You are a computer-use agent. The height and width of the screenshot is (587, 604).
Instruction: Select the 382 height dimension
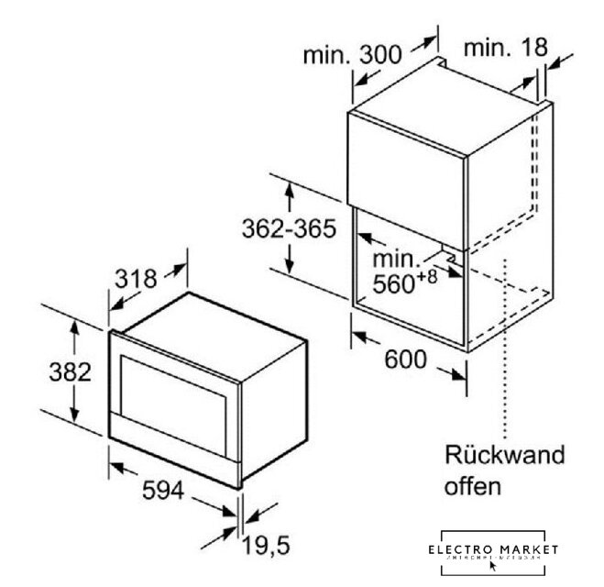point(46,373)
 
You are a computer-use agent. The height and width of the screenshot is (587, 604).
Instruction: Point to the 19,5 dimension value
point(266,548)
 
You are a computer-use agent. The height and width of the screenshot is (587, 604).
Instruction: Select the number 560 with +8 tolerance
point(393,284)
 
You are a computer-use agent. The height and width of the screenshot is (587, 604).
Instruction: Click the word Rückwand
point(504,455)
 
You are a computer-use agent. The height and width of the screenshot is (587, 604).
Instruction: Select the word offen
point(473,486)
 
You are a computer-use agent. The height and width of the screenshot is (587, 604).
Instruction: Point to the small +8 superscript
point(427,275)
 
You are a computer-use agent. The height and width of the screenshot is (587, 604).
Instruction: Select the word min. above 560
point(393,260)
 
